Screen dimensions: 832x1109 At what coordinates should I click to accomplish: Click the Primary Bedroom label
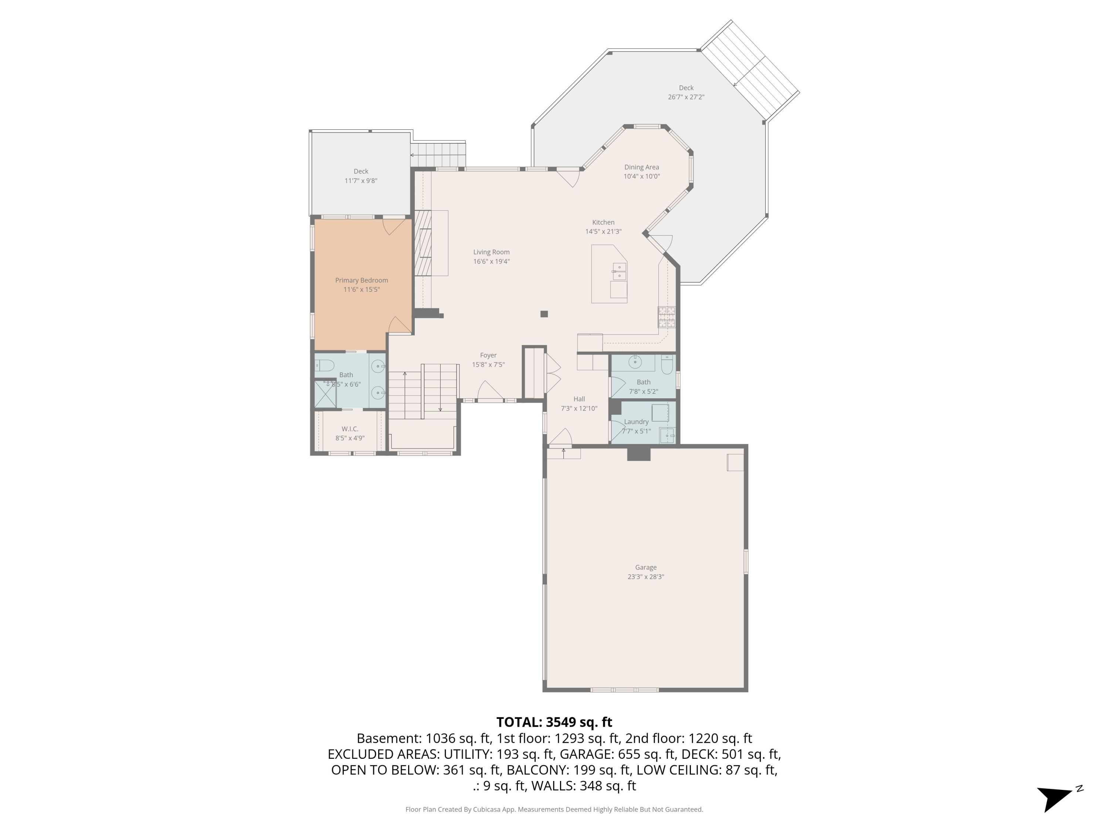(362, 280)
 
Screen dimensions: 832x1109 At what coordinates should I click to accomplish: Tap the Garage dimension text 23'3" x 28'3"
(646, 577)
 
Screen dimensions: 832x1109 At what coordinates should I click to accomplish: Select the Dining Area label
(641, 168)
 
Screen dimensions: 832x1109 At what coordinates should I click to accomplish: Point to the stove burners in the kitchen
(666, 317)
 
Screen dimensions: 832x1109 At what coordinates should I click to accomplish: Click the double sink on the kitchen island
(619, 272)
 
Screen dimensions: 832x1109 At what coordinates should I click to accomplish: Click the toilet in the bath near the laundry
(667, 365)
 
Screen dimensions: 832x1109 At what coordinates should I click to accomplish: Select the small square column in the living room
(544, 314)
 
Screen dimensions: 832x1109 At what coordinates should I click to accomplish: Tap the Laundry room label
(636, 422)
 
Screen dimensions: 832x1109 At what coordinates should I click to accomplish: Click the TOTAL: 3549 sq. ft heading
(554, 722)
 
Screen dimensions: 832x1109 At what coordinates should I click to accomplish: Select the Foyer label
(488, 355)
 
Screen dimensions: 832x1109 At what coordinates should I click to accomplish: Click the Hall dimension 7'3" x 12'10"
(579, 408)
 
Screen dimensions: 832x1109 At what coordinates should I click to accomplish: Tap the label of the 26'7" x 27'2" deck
(686, 88)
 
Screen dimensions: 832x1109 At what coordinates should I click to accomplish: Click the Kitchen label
(603, 222)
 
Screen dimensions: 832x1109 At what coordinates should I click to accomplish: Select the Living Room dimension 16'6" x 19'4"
(491, 261)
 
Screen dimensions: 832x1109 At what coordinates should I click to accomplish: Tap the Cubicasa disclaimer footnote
(554, 809)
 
